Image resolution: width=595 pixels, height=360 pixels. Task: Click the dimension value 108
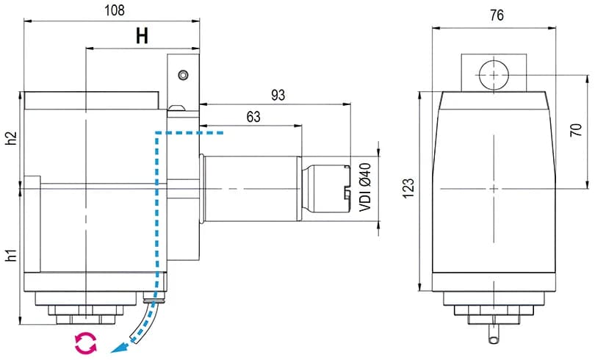point(114,10)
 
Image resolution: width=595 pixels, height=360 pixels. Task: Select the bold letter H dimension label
point(143,36)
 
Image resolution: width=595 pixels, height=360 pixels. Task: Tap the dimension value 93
point(278,95)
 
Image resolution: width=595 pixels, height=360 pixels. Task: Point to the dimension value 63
point(253,117)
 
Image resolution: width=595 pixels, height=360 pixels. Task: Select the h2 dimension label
point(11,139)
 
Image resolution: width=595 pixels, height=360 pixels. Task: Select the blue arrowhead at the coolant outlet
point(115,350)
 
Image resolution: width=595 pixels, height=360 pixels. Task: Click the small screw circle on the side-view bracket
point(182,74)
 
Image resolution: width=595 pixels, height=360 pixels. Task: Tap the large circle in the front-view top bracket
point(494,74)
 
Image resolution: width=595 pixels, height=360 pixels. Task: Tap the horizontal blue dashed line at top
point(191,134)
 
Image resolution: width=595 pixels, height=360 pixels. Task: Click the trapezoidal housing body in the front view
point(494,191)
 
